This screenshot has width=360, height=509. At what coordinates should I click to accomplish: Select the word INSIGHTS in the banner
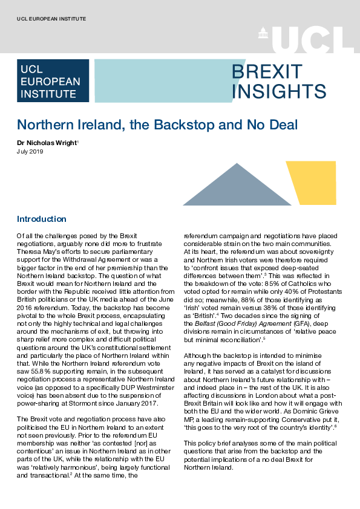[279, 91]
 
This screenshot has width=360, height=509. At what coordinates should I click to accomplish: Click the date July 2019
[30, 152]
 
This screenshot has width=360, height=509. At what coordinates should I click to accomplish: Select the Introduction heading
[42, 219]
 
